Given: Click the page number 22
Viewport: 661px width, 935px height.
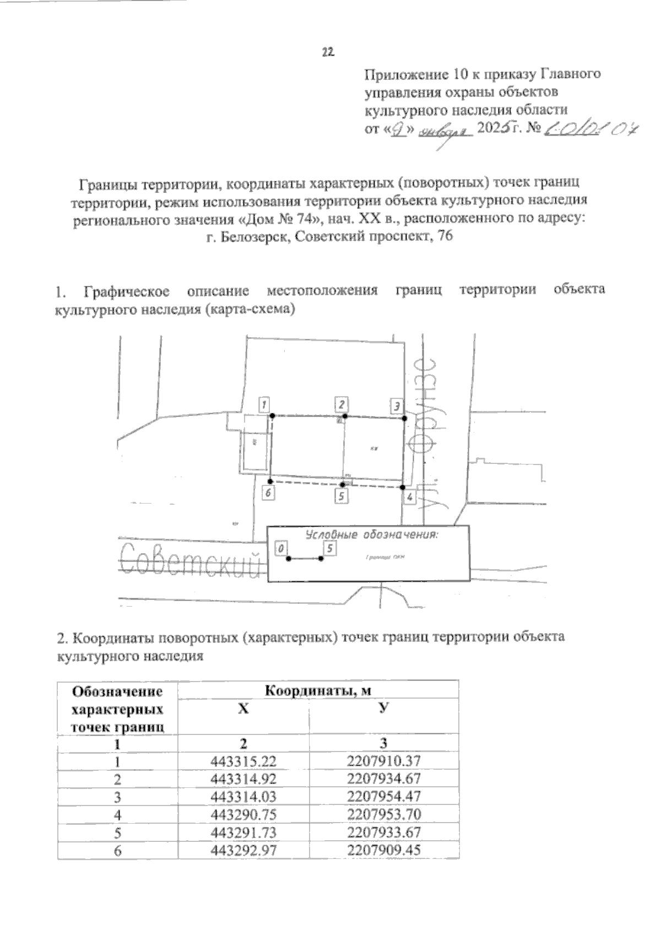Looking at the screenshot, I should [328, 52].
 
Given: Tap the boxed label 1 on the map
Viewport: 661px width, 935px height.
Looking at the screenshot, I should [265, 406].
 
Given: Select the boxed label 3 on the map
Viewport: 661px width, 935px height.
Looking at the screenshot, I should [397, 406].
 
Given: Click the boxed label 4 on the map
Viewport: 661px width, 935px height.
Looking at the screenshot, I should [409, 497].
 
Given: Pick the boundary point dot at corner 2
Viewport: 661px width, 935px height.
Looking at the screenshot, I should [343, 416].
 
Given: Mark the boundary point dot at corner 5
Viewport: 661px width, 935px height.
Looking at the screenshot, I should [343, 484].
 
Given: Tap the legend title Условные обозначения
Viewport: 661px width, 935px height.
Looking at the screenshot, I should [371, 535].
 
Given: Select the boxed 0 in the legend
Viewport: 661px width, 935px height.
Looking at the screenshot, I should [281, 549].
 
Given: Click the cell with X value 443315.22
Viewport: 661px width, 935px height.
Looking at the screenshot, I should [243, 761].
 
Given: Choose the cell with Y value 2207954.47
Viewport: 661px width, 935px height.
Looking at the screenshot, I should [384, 797].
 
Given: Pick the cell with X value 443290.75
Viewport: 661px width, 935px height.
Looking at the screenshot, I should [243, 814].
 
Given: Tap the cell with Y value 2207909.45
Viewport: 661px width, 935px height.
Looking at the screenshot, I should [384, 850].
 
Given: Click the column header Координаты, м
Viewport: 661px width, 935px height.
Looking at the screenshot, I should [318, 690].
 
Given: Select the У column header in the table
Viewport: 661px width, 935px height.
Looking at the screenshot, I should [384, 709].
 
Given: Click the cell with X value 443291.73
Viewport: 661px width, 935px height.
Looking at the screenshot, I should [243, 832].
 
